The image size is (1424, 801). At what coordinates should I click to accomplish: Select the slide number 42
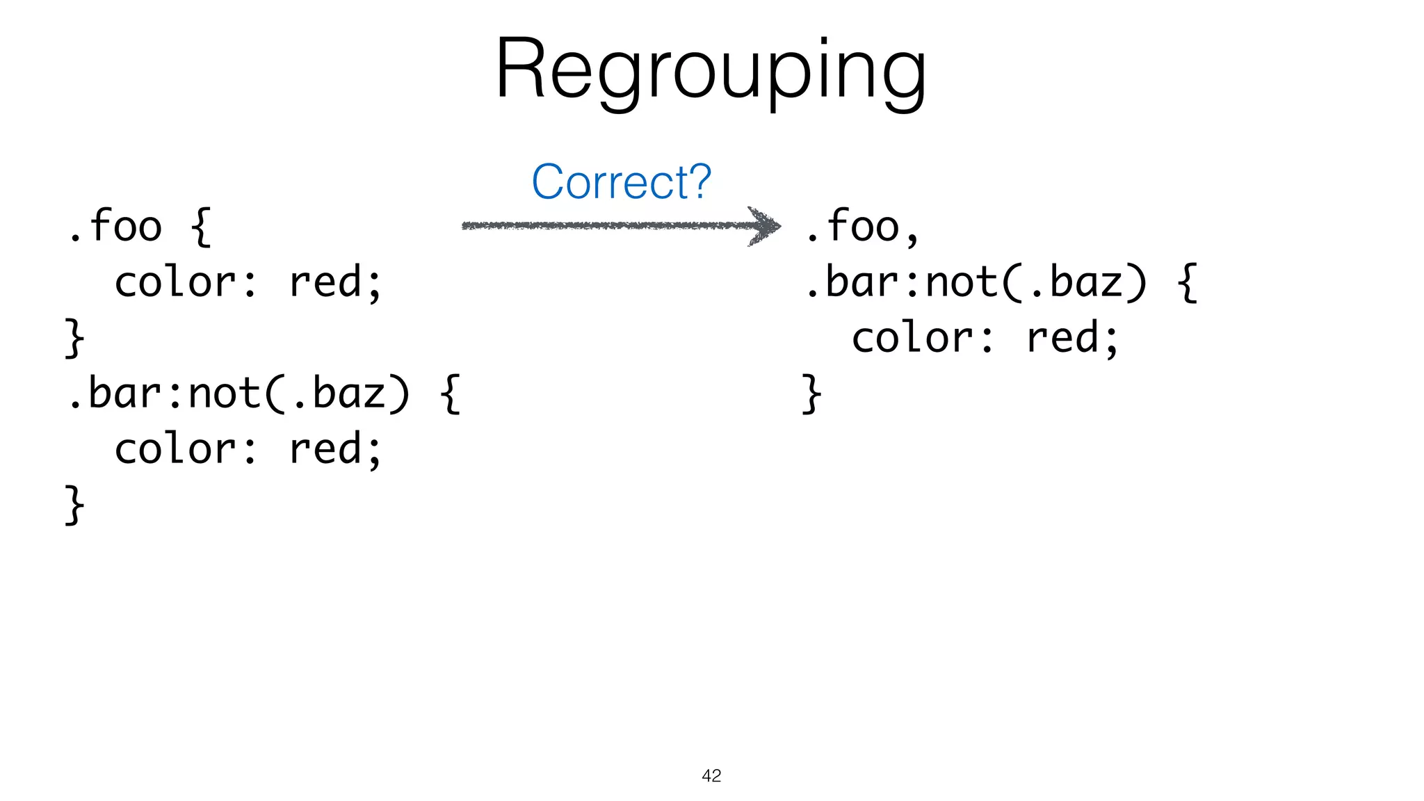click(711, 776)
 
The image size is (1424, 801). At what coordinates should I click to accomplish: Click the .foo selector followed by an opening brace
click(115, 226)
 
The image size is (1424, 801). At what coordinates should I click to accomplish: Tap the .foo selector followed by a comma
click(852, 226)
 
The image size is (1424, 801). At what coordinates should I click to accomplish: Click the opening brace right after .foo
click(200, 227)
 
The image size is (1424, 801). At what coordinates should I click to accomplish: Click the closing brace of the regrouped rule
click(811, 394)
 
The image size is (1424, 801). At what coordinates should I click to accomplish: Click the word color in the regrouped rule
click(914, 338)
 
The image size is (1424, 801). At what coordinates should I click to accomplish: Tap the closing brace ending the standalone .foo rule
click(74, 338)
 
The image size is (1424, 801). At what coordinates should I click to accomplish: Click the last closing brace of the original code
click(74, 505)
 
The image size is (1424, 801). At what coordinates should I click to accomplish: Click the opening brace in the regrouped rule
click(1188, 282)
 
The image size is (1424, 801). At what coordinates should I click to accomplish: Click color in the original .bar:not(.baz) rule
click(177, 449)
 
